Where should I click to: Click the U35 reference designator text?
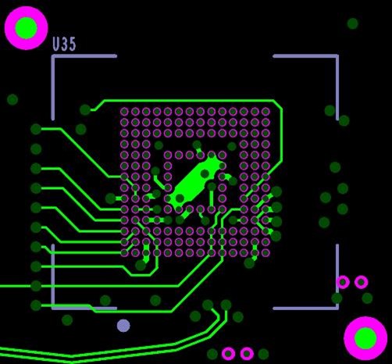(x=64, y=44)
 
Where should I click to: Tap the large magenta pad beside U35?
(x=26, y=28)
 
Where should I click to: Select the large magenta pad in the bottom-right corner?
(x=365, y=338)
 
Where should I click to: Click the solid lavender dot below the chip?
(x=123, y=326)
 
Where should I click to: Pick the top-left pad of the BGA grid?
(x=124, y=112)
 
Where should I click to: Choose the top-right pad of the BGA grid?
(x=265, y=112)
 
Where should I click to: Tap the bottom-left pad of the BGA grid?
(x=124, y=252)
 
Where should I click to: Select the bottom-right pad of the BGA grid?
(x=265, y=252)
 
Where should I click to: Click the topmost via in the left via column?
(x=36, y=129)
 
